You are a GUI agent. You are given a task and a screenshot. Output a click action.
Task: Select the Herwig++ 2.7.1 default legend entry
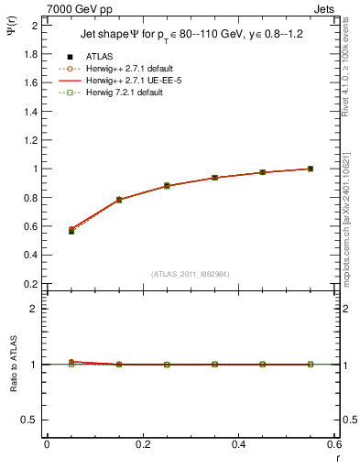(x=121, y=69)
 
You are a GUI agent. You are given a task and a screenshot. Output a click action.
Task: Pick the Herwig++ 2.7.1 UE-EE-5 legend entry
(x=121, y=81)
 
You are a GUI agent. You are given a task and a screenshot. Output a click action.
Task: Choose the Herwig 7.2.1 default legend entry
(x=115, y=93)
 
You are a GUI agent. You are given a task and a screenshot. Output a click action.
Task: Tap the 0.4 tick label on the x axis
(x=239, y=444)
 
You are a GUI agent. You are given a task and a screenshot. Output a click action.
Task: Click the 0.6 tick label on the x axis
(x=334, y=444)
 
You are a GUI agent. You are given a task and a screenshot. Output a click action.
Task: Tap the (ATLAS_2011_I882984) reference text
(x=191, y=274)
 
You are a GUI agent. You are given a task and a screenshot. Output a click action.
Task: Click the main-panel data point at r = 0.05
(x=71, y=231)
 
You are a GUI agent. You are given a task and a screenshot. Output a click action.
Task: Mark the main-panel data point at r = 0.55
(x=311, y=169)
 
